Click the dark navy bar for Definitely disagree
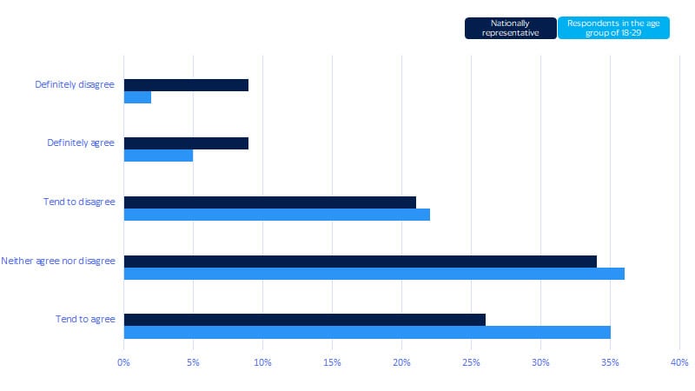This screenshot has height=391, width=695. coord(186,85)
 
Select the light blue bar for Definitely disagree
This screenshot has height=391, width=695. coord(137,97)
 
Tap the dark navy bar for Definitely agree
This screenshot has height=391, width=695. coord(186,143)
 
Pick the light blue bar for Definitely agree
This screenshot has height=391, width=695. coord(158,156)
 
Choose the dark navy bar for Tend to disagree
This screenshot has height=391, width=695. coord(269,202)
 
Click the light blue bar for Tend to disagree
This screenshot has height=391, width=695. coord(276,215)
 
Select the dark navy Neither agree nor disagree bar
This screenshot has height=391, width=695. coord(360,261)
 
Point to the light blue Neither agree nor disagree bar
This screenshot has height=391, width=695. coord(374,274)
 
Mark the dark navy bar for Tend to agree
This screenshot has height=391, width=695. coord(304,320)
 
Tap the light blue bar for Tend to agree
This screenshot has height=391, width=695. coord(367,332)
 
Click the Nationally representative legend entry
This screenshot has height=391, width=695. coord(510,28)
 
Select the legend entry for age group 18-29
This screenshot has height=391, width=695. coord(613,28)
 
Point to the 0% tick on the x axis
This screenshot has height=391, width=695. coord(123,361)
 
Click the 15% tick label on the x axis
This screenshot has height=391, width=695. coord(332,361)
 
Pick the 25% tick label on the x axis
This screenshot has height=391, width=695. coord(471,361)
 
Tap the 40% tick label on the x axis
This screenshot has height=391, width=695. coord(679,361)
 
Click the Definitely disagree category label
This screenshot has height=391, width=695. coord(75,85)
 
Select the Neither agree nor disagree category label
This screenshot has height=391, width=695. coord(58,261)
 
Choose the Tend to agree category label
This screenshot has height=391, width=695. coord(84,320)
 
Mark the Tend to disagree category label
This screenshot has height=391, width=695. coord(78,202)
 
